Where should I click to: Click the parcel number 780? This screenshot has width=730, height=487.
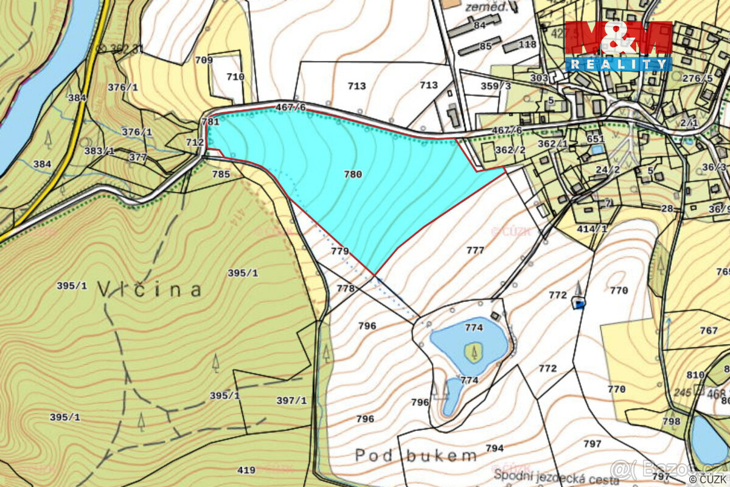coord(353,174)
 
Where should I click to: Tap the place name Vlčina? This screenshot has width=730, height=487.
coord(149,289)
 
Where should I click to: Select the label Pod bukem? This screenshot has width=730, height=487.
coord(415,455)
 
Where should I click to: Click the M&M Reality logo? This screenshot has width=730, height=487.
coord(618,46)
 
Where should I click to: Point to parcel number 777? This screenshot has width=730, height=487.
coord(475,250)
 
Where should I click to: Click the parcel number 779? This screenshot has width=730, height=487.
coord(339,251)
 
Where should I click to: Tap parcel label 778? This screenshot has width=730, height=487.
coord(345,289)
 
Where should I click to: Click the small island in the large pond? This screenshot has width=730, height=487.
coord(473,351)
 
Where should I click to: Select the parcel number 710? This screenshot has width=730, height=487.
coord(235,77)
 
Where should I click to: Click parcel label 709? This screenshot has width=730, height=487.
coord(204,60)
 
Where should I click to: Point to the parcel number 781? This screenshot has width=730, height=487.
coord(210,122)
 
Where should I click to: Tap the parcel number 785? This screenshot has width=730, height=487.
coord(221,174)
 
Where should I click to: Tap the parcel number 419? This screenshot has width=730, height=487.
coord(246,470)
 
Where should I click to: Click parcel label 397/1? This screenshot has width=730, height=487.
coord(291,400)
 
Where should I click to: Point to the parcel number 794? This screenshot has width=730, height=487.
coord(495,448)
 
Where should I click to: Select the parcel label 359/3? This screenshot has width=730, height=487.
coord(496,86)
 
